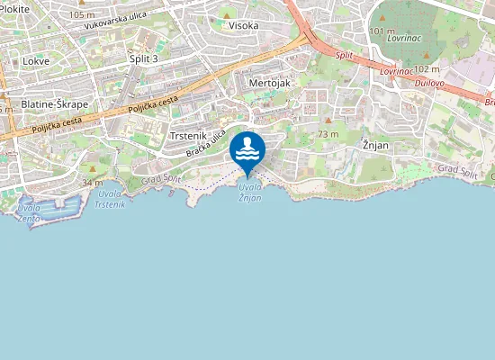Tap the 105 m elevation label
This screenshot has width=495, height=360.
(81, 15)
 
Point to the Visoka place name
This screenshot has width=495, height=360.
(244, 26)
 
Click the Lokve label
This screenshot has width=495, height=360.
(36, 62)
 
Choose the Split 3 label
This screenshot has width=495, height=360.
(144, 58)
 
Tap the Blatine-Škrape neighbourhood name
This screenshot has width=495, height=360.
(54, 104)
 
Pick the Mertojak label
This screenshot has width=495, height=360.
(269, 82)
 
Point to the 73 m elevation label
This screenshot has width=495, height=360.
(328, 134)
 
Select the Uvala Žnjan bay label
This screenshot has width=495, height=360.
(250, 192)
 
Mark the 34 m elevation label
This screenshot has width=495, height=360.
(91, 183)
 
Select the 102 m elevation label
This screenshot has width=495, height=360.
(427, 68)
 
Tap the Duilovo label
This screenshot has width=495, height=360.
(434, 82)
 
